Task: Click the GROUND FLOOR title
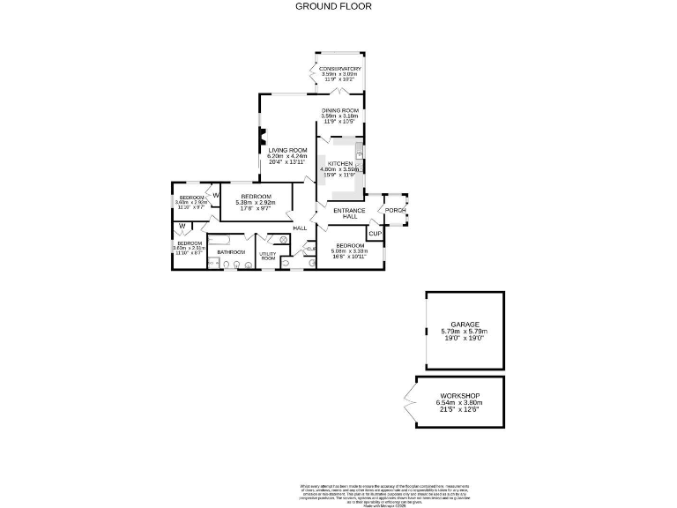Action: coord(333,6)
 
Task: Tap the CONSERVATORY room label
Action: coord(339,69)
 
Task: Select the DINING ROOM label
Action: coord(339,110)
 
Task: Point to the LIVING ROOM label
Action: coord(287,151)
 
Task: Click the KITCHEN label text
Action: coord(340,164)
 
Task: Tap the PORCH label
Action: coord(394,210)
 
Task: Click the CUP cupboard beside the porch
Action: coord(374,234)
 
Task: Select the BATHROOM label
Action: coord(231,251)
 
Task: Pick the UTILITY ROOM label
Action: coord(268,256)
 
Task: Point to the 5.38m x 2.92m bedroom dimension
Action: coord(256,202)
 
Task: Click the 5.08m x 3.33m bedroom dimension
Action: coord(349,251)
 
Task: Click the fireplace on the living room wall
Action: coord(262,137)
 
